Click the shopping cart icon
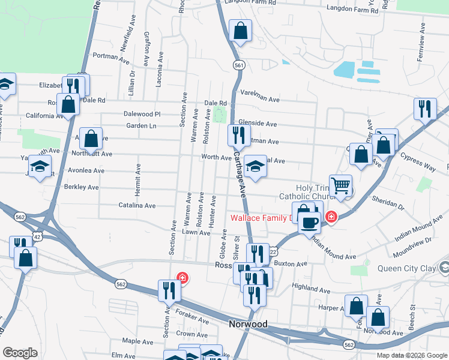point(341,186)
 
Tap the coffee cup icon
point(310,223)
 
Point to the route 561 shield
point(240,65)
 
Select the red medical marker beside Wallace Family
point(330,217)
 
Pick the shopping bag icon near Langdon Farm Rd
point(240,31)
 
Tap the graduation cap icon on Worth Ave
point(256,167)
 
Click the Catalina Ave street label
point(137,206)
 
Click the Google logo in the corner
point(20,353)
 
